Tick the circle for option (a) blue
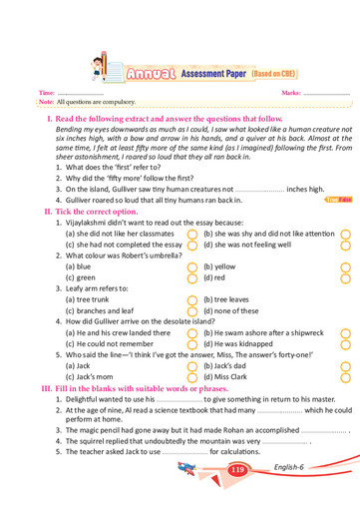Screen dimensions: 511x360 click(x=192, y=266)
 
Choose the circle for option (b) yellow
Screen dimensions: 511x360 click(x=344, y=266)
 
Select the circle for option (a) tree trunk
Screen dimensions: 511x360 click(x=192, y=299)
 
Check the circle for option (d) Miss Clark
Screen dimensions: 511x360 click(x=344, y=376)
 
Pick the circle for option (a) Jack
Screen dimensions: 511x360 click(x=192, y=365)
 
